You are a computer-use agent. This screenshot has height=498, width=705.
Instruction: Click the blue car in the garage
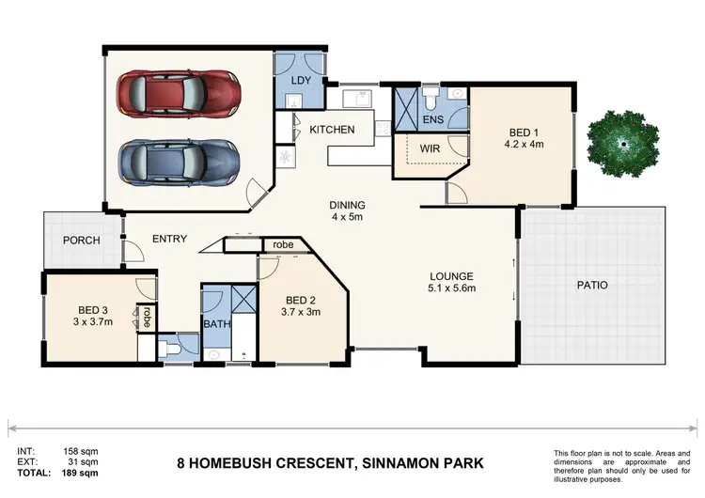tap(178, 161)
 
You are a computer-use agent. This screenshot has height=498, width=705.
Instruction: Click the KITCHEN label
tap(332, 130)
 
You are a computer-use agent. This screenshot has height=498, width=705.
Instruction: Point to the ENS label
tap(433, 120)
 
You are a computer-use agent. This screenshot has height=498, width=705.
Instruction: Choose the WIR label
tap(430, 148)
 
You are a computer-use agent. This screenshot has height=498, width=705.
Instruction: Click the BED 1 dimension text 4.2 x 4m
tap(525, 145)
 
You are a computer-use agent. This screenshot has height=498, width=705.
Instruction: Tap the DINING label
tap(347, 206)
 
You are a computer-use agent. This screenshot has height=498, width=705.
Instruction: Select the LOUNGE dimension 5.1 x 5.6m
tap(452, 288)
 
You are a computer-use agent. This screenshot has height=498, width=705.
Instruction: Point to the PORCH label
tap(82, 241)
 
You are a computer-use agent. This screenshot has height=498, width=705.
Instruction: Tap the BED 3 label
tap(93, 308)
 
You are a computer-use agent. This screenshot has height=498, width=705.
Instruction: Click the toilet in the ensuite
tap(430, 97)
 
